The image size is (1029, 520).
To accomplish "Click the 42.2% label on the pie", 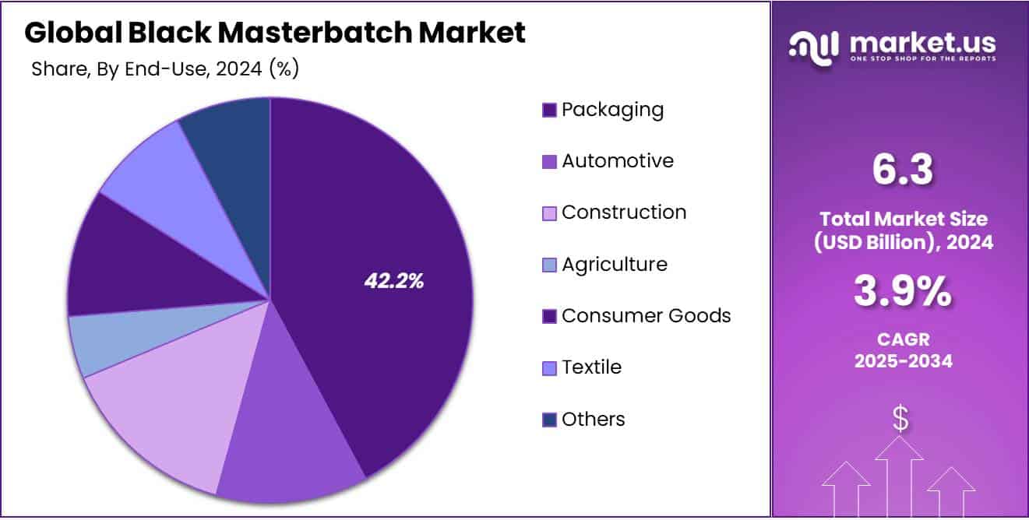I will click(394, 282).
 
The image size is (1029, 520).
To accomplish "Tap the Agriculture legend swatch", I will click(549, 265).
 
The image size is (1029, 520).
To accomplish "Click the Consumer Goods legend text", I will click(646, 316).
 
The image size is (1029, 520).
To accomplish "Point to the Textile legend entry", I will click(591, 367).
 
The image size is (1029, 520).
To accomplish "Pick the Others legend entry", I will click(593, 420).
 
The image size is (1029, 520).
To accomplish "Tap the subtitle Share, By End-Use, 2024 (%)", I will click(165, 69).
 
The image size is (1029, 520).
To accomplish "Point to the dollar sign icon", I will click(900, 420).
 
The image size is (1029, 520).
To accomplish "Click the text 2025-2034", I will click(903, 361).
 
